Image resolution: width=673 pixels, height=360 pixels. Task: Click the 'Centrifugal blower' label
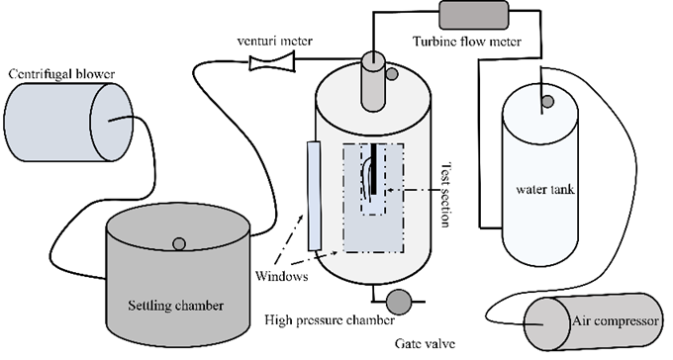[61, 74]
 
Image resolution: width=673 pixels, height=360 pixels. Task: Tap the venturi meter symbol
[272, 61]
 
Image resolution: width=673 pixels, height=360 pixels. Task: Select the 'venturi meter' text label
[275, 42]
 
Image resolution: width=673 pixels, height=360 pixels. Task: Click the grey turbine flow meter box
[473, 15]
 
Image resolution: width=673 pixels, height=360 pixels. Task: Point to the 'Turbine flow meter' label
[467, 42]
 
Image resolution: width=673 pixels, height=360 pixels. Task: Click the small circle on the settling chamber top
[179, 244]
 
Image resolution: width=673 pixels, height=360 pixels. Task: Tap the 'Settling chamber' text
[175, 306]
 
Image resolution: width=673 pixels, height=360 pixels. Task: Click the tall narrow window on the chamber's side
[314, 196]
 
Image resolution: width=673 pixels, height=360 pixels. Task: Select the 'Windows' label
[281, 276]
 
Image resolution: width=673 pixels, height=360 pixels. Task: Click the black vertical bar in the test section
[374, 169]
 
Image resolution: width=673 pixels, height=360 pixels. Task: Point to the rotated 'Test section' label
[446, 195]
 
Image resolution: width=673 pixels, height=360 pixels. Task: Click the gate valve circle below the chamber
[399, 302]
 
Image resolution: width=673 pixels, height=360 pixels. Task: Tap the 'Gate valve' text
[425, 344]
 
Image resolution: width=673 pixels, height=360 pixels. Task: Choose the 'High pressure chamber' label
[330, 320]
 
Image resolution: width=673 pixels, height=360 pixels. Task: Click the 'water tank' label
[545, 189]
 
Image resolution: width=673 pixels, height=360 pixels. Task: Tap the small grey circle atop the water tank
[547, 102]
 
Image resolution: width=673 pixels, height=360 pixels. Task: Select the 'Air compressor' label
[615, 321]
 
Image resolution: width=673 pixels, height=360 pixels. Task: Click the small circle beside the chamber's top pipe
[392, 74]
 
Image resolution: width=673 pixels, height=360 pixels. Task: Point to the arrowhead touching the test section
[390, 189]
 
